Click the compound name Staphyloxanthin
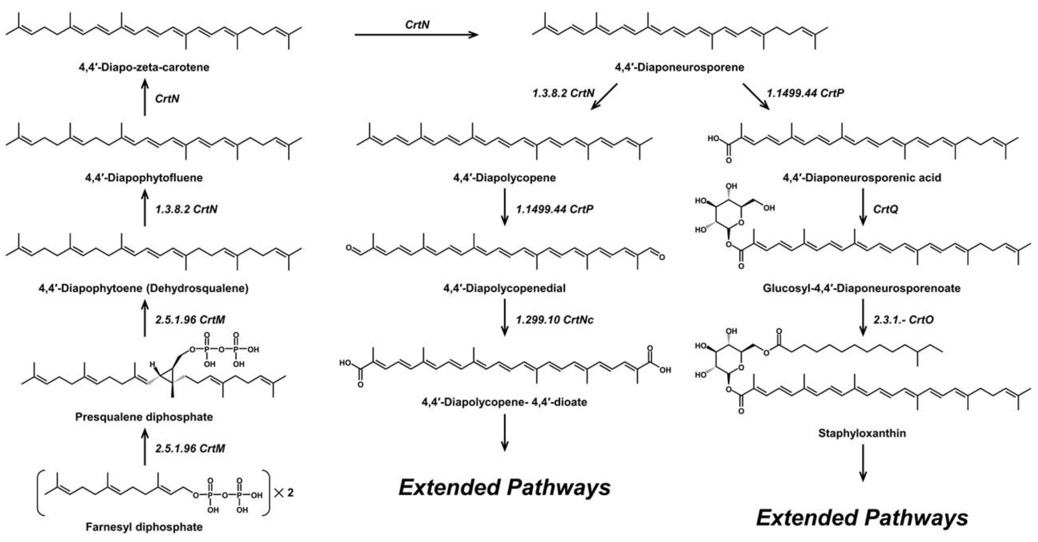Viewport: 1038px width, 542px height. point(862,433)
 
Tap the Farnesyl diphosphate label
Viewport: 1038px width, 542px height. point(144,527)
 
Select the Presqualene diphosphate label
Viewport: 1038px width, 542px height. point(144,417)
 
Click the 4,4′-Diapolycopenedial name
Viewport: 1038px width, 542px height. point(504,288)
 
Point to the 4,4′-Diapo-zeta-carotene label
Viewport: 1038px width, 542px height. point(144,67)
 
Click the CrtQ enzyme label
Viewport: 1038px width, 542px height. point(885,209)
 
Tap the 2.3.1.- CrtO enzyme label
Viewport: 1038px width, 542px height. point(903,320)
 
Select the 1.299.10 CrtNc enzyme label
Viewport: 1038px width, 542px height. point(555,320)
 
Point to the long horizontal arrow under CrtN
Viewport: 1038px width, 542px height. point(416,35)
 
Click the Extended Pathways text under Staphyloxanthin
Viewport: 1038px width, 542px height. point(862,518)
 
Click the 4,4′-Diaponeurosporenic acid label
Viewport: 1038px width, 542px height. point(862,178)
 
